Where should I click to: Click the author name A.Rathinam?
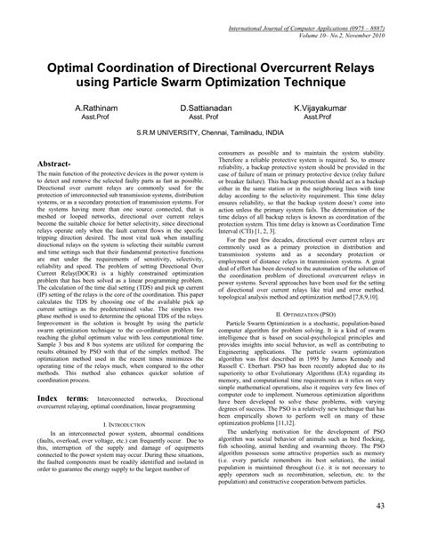73,107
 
